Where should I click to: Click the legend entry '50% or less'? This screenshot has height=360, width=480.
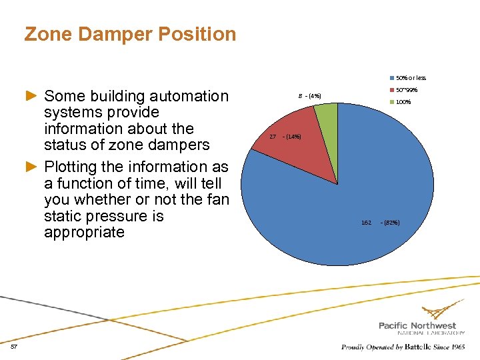[x=411, y=78]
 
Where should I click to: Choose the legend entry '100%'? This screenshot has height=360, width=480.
[x=403, y=102]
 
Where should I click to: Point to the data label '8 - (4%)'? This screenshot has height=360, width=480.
[x=309, y=96]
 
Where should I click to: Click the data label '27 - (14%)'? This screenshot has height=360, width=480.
[x=285, y=137]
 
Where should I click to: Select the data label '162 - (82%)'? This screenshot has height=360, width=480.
[x=380, y=222]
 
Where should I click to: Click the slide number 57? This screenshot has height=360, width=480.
[x=14, y=346]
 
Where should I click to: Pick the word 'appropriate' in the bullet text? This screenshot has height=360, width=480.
[x=84, y=232]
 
